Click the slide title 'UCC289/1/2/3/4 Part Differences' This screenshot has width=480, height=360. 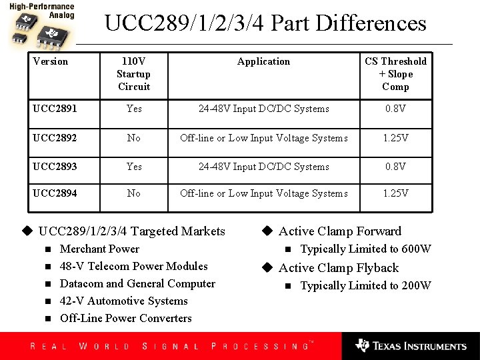click(265, 24)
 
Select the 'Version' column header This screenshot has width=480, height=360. click(51, 61)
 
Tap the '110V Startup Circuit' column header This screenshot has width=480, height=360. click(133, 74)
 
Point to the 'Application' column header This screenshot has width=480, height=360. click(263, 61)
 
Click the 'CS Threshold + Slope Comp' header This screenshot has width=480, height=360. click(395, 74)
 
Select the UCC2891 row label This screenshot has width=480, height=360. click(55, 109)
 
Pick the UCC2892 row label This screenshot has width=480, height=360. click(55, 138)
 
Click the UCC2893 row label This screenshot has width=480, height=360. click(55, 167)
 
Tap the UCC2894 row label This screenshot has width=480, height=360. click(55, 193)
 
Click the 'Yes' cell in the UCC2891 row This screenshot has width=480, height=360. click(134, 109)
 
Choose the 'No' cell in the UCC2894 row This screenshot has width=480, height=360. click(134, 193)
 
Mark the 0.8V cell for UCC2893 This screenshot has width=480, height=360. click(395, 167)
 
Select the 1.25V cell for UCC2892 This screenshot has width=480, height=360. click(395, 138)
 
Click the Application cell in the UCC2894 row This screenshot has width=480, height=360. click(263, 193)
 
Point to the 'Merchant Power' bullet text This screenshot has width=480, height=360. click(99, 249)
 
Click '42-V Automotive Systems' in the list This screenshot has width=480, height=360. click(124, 301)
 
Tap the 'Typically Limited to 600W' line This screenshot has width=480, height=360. click(365, 249)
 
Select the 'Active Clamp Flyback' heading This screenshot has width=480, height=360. click(338, 268)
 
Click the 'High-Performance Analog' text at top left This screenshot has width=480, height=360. click(41, 10)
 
